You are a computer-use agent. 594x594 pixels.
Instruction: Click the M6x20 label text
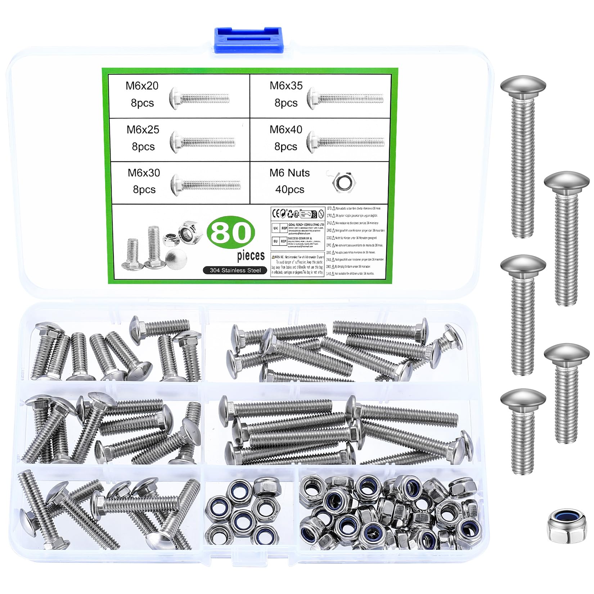click(x=142, y=86)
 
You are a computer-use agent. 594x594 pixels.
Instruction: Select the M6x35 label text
click(x=286, y=86)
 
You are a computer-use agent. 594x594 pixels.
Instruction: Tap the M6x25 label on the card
click(x=143, y=130)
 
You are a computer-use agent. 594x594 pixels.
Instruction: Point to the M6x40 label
click(x=286, y=130)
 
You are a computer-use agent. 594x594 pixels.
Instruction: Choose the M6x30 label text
click(x=144, y=173)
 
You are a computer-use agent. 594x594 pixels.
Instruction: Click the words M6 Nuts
click(x=289, y=173)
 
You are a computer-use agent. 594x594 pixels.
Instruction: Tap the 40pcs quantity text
click(x=289, y=189)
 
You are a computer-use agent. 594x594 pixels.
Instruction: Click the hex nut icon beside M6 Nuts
click(x=344, y=182)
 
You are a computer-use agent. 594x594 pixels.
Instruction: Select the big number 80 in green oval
click(x=231, y=233)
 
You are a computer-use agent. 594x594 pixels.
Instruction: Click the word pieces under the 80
click(x=251, y=256)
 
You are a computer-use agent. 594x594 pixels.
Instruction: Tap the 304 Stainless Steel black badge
click(x=235, y=270)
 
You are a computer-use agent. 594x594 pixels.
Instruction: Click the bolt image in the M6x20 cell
click(x=199, y=98)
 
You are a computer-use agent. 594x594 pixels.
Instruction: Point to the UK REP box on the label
click(x=280, y=228)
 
